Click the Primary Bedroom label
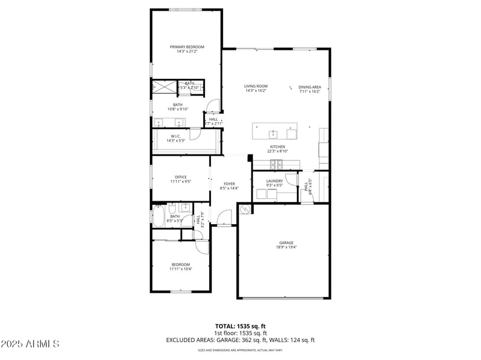tap(187, 47)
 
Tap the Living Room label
tap(256, 86)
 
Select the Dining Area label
tap(309, 87)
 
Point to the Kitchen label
tap(277, 147)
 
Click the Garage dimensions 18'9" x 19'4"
tap(286, 247)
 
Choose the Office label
tap(180, 177)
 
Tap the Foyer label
tap(229, 183)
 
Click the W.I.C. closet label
tap(176, 136)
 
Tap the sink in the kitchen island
tap(273, 133)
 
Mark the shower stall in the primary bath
tap(165, 87)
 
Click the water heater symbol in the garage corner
tap(245, 210)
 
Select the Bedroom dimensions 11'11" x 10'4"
tap(180, 269)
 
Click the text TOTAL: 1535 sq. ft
tap(240, 326)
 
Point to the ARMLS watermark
tap(30, 344)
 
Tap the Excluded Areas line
tap(240, 340)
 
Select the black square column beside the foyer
tap(250, 159)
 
